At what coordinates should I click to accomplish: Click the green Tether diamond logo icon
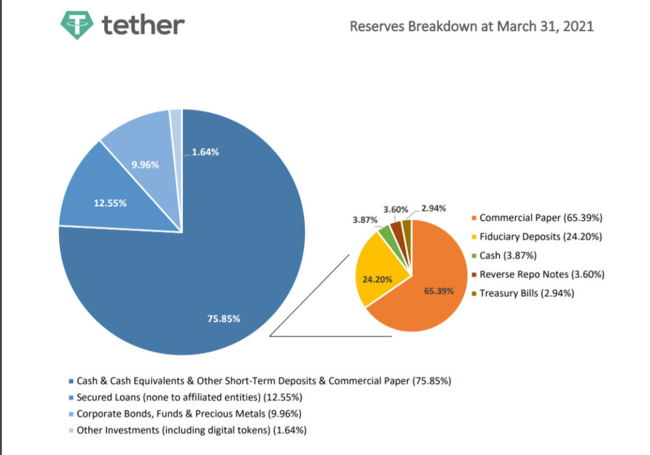(x=77, y=25)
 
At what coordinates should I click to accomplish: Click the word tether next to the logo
(x=143, y=25)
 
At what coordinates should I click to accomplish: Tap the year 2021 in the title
(x=578, y=26)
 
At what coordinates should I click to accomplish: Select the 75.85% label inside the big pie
(x=223, y=319)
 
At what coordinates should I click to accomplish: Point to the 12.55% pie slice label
(x=110, y=203)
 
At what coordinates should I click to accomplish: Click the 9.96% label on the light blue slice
(x=145, y=165)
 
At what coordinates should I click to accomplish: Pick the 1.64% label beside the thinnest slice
(x=205, y=152)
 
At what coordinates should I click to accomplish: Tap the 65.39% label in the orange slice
(x=439, y=291)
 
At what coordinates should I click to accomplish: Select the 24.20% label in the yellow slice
(x=377, y=279)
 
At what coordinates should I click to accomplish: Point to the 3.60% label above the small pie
(x=395, y=209)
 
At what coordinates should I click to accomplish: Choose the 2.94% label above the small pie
(x=434, y=208)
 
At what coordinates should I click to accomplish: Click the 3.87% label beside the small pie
(x=365, y=220)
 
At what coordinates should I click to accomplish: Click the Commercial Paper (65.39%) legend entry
(x=537, y=218)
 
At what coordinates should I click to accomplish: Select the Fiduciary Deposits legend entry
(x=537, y=237)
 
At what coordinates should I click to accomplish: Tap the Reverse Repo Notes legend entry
(x=538, y=274)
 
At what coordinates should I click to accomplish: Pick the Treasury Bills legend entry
(x=523, y=293)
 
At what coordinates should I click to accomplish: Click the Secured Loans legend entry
(x=185, y=397)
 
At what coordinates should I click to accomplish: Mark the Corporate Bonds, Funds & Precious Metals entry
(x=185, y=414)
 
